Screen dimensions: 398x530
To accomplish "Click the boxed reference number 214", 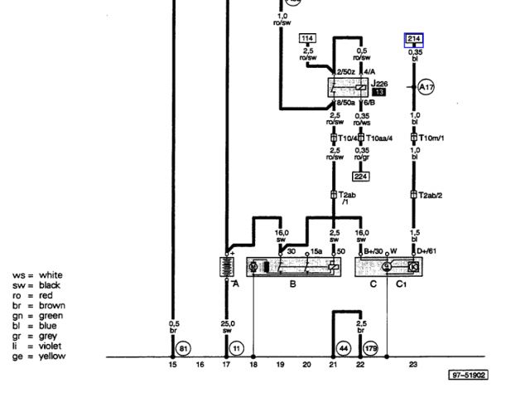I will pyautogui.click(x=415, y=38).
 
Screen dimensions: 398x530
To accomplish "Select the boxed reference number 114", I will pyautogui.click(x=307, y=38).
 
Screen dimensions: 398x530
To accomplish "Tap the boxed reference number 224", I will pyautogui.click(x=360, y=176).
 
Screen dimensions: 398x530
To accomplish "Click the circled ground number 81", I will pyautogui.click(x=184, y=349).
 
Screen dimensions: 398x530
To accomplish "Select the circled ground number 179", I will pyautogui.click(x=370, y=349).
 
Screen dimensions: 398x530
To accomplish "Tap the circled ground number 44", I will pyautogui.click(x=343, y=349).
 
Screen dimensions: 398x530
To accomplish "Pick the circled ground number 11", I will pyautogui.click(x=237, y=349).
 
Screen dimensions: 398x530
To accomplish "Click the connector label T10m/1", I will pyautogui.click(x=432, y=138).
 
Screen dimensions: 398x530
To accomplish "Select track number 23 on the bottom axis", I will pyautogui.click(x=412, y=365).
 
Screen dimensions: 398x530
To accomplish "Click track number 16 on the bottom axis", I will pyautogui.click(x=200, y=365).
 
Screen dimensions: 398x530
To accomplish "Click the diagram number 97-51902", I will pyautogui.click(x=469, y=376).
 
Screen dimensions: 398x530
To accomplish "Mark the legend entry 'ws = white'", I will pyautogui.click(x=37, y=276).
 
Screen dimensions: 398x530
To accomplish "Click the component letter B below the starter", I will pyautogui.click(x=292, y=284).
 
